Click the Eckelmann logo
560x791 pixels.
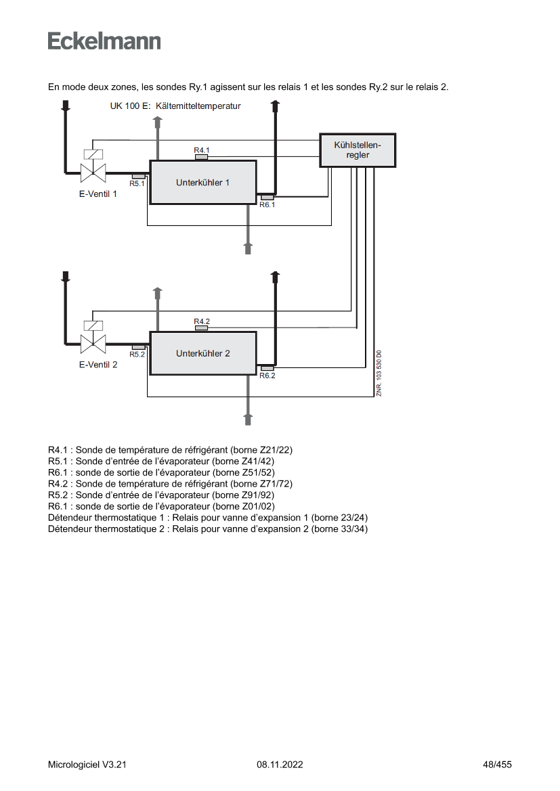(x=104, y=41)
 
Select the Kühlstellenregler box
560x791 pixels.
(x=358, y=150)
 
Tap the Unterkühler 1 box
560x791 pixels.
(x=203, y=183)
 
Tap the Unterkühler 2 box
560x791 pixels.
(x=203, y=353)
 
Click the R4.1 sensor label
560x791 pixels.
(x=202, y=150)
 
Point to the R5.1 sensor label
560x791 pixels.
(x=137, y=183)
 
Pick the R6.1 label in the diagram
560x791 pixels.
(x=267, y=205)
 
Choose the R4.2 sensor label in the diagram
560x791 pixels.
(x=202, y=321)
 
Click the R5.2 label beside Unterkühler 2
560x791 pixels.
(x=137, y=354)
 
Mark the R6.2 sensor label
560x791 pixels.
(x=267, y=376)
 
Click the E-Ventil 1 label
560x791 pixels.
(x=98, y=194)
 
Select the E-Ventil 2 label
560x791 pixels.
(x=98, y=365)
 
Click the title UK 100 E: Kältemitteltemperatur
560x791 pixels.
(x=175, y=106)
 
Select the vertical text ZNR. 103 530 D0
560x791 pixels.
(x=379, y=373)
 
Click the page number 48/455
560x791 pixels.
(x=497, y=765)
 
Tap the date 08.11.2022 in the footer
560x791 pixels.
(x=280, y=765)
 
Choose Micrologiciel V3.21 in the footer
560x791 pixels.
(x=87, y=765)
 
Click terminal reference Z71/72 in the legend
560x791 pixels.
(x=277, y=484)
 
